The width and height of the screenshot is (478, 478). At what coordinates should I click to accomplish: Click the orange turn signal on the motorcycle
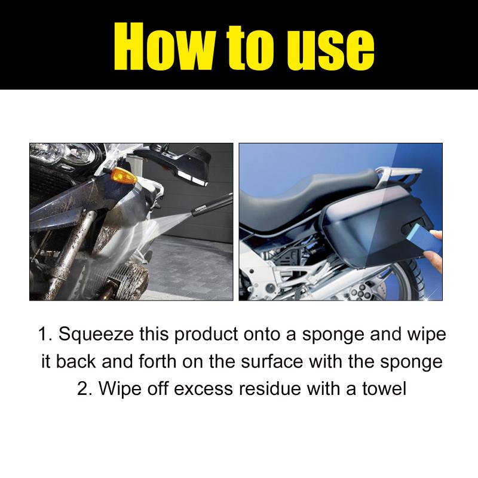pos(124,176)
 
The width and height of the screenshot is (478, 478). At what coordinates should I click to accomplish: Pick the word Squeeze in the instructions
pos(96,334)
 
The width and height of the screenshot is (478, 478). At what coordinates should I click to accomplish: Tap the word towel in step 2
pos(384,389)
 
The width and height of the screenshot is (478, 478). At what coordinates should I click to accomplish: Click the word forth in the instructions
pos(158,361)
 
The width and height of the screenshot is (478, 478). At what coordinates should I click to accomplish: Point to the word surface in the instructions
pos(272,361)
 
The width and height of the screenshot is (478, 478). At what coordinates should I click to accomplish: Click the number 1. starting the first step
pos(45,334)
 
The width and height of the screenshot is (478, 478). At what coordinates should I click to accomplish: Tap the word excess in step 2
pos(203,389)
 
